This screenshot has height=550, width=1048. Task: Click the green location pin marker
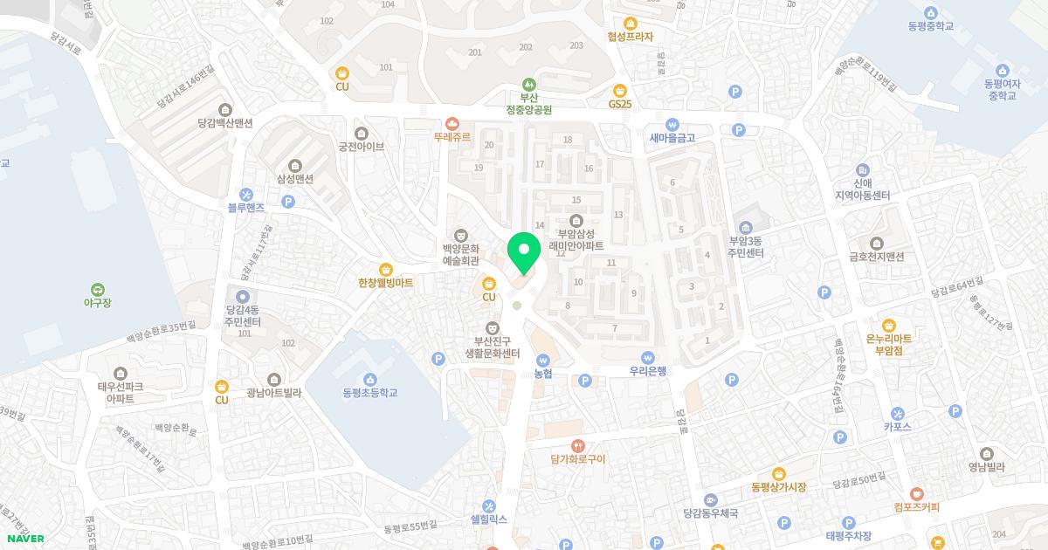[524, 253]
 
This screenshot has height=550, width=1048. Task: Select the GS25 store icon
[619, 90]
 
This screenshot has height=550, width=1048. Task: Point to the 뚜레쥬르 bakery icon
[452, 124]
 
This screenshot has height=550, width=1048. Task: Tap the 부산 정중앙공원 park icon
[529, 83]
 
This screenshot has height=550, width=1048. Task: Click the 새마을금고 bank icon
[672, 124]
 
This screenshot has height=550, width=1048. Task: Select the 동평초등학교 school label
[370, 393]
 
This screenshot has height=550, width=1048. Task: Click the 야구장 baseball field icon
[97, 289]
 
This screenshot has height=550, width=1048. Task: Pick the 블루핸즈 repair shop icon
[246, 194]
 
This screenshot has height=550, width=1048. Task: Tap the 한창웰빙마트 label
[385, 283]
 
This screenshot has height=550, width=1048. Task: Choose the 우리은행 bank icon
[647, 357]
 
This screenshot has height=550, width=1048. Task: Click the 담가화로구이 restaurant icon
[577, 445]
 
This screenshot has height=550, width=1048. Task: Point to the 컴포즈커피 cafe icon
[916, 493]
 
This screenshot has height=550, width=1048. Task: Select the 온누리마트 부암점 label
[888, 344]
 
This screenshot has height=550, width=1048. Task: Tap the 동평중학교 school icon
[930, 12]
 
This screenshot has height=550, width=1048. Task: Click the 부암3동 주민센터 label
[747, 247]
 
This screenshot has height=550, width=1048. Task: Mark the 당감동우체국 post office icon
[710, 500]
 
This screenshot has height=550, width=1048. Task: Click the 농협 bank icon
[542, 359]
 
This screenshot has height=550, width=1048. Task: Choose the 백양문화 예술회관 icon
[460, 234]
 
